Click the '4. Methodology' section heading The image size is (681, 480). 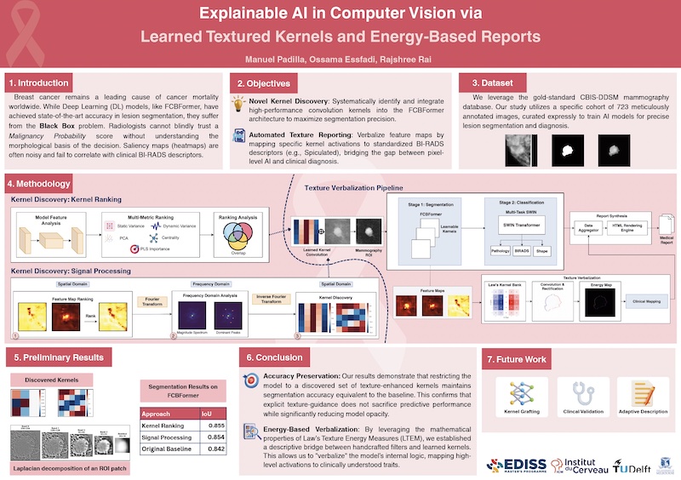point(37,184)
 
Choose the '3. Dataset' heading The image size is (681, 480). point(492,83)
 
